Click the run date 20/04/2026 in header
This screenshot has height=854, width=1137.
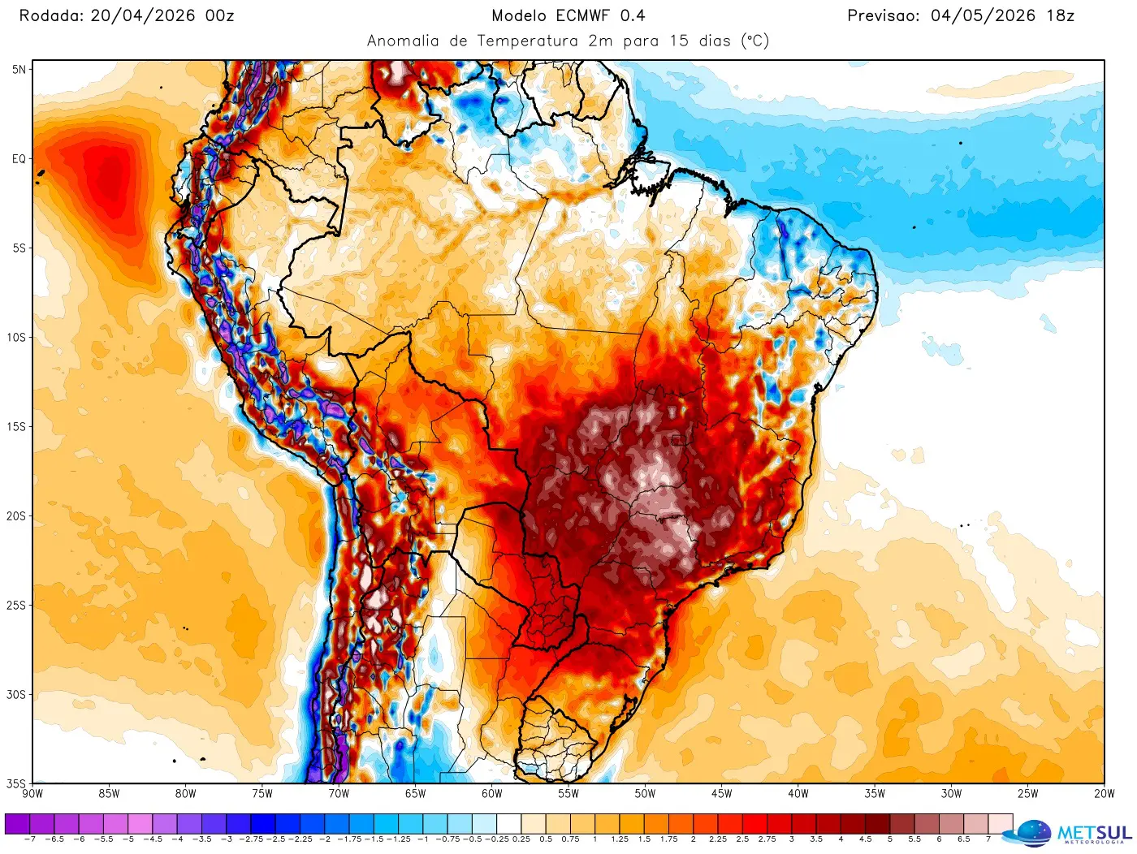tap(142, 15)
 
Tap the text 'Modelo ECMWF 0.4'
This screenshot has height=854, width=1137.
tap(568, 15)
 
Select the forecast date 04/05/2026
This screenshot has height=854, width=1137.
tap(983, 15)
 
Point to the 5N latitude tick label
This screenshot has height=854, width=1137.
tap(19, 70)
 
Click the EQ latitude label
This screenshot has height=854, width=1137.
tap(19, 159)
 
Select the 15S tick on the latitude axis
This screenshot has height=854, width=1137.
tap(17, 427)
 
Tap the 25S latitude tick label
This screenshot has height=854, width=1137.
tap(17, 606)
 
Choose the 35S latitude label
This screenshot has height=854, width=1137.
tap(17, 784)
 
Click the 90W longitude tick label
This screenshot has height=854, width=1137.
tap(32, 794)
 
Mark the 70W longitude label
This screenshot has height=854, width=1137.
tap(339, 794)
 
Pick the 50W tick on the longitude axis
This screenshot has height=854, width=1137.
tap(645, 794)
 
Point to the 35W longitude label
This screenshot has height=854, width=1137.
tap(875, 794)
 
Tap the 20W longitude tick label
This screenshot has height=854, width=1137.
tap(1104, 794)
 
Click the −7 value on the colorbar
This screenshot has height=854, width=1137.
tap(30, 839)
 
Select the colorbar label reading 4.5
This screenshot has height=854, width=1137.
tap(865, 839)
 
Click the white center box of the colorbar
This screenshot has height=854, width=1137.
tap(508, 824)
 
